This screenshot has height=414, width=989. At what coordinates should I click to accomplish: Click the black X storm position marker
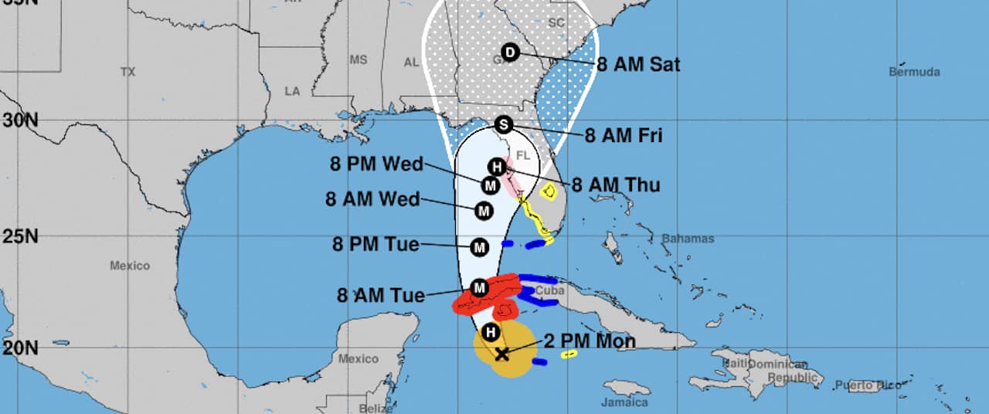click(x=501, y=355)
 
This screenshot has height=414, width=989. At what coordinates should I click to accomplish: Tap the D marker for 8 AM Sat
click(x=509, y=53)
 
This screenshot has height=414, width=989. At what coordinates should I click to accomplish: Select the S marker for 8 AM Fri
click(x=504, y=124)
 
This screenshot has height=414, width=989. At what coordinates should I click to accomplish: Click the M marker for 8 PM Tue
click(x=479, y=247)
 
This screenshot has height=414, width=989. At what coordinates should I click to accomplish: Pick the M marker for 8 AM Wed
click(x=484, y=210)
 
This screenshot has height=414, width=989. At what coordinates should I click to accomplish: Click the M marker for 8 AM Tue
click(x=479, y=288)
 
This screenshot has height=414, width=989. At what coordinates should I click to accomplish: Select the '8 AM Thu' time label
click(x=616, y=185)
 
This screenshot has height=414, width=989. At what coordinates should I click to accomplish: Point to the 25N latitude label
click(x=19, y=236)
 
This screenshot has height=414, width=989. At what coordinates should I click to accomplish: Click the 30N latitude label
click(x=19, y=120)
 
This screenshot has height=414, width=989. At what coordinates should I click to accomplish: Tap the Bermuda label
click(x=914, y=72)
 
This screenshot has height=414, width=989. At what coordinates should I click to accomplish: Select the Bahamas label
click(x=688, y=239)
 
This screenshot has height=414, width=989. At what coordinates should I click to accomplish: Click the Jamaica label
click(x=624, y=402)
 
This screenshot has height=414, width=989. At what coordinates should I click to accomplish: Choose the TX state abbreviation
click(x=127, y=72)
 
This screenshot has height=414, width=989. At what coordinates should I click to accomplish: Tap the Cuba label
click(x=550, y=291)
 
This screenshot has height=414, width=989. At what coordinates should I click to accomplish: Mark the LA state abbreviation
click(x=292, y=91)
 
